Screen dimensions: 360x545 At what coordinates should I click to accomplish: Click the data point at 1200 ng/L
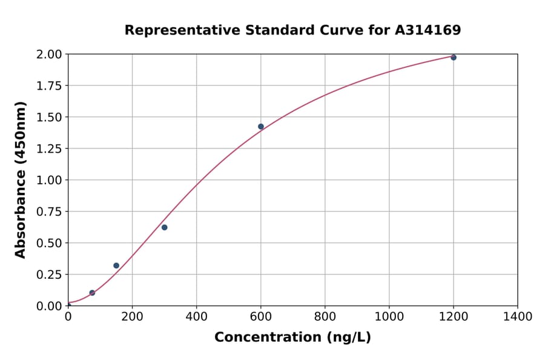pyautogui.click(x=454, y=58)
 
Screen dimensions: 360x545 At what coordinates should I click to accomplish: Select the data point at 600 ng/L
pyautogui.click(x=261, y=127)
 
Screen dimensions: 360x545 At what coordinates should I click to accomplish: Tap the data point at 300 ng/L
pyautogui.click(x=165, y=227)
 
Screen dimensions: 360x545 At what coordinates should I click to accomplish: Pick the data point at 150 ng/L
pyautogui.click(x=116, y=265)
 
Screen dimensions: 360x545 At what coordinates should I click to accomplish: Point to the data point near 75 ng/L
pyautogui.click(x=92, y=293)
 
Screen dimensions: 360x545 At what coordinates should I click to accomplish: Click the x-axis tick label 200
pyautogui.click(x=132, y=317)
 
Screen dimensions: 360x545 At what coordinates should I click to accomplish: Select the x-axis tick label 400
pyautogui.click(x=196, y=317)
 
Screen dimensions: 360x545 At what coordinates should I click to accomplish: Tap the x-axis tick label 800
pyautogui.click(x=325, y=317)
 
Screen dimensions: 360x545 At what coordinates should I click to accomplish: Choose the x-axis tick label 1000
pyautogui.click(x=389, y=317)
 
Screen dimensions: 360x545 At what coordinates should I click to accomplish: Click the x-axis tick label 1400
pyautogui.click(x=517, y=317)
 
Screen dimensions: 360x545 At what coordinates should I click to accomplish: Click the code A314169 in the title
pyautogui.click(x=428, y=30)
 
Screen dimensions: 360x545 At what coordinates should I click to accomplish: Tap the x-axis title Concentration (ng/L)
pyautogui.click(x=292, y=338)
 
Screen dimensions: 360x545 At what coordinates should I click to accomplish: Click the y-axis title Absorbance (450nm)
pyautogui.click(x=21, y=180)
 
